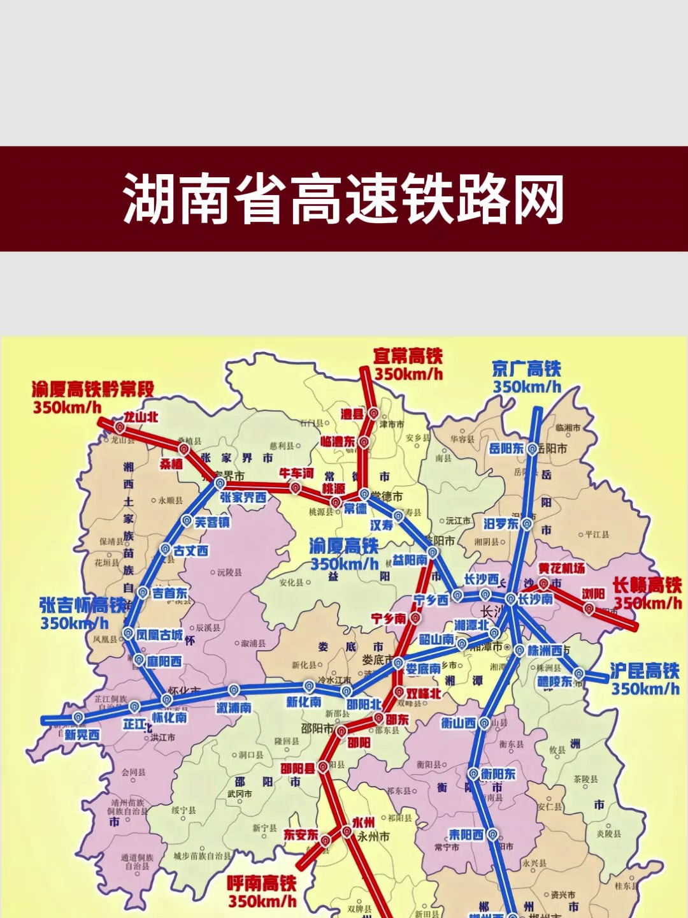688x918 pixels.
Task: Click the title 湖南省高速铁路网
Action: click(344, 199)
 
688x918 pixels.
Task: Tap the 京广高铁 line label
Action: click(526, 369)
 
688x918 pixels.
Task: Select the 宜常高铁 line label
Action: click(408, 356)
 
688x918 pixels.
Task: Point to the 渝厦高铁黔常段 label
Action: click(93, 389)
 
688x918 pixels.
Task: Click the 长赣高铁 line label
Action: click(647, 585)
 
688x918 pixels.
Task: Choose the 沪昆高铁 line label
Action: click(645, 671)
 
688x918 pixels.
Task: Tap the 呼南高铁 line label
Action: click(262, 884)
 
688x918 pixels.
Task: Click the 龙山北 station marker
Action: click(120, 427)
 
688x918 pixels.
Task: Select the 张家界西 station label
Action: click(243, 497)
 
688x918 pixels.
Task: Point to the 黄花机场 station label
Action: click(561, 568)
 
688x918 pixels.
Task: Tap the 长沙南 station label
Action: click(535, 599)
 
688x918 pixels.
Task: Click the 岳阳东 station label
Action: click(506, 449)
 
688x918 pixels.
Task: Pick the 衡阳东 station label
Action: click(498, 774)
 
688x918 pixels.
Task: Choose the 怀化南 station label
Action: click(169, 717)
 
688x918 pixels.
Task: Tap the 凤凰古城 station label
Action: click(159, 635)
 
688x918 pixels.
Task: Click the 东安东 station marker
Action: click(325, 841)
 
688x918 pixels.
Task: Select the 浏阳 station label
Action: click(593, 594)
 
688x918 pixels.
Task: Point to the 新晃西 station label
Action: click(82, 735)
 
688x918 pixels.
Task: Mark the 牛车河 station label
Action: click(296, 474)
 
